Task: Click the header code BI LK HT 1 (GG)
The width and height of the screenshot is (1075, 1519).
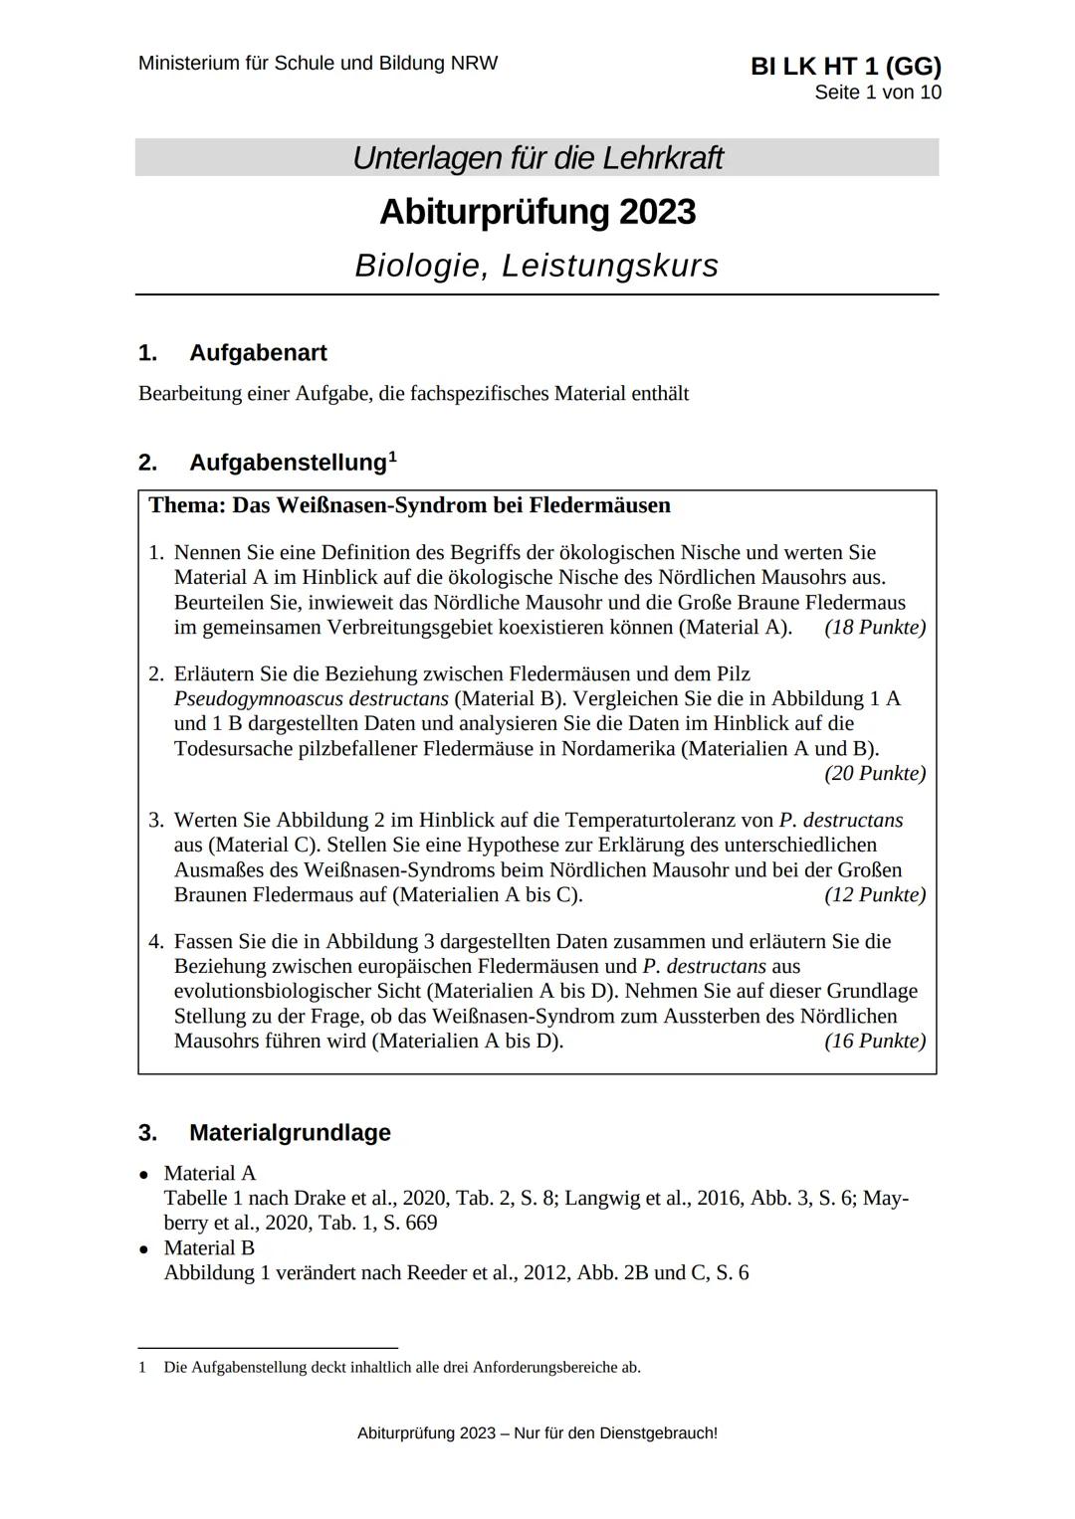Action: [x=845, y=66]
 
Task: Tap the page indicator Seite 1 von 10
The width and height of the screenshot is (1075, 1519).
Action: [x=877, y=93]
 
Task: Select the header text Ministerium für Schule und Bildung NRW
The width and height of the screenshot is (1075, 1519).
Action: [x=318, y=64]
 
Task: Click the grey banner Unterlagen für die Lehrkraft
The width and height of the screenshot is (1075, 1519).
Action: [x=537, y=158]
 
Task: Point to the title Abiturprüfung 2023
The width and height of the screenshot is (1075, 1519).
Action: [x=537, y=212]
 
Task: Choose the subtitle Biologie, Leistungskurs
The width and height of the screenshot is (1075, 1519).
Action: [x=537, y=266]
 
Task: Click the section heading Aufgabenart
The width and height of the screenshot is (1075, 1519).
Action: [x=257, y=353]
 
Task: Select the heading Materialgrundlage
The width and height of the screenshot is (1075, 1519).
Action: [x=290, y=1132]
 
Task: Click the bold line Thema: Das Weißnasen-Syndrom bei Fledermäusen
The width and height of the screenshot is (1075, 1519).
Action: [x=409, y=505]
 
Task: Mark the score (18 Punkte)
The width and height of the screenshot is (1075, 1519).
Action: [x=875, y=628]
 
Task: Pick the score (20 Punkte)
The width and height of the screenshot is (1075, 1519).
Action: [x=875, y=773]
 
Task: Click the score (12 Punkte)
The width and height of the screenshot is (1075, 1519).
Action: [x=875, y=894]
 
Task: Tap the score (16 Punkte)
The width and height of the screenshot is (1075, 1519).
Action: [x=875, y=1041]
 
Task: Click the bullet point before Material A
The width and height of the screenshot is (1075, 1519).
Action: [x=145, y=1175]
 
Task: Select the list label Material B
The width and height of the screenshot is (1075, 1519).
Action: [x=209, y=1247]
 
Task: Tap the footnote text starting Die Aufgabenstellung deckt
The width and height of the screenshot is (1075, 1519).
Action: [x=402, y=1367]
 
